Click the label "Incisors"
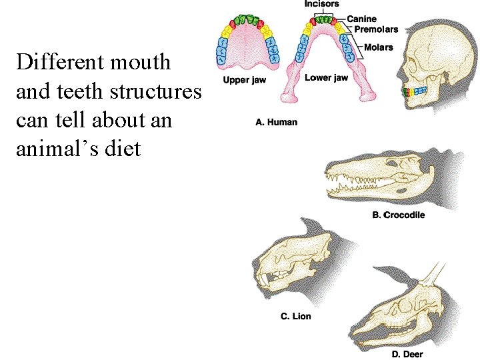(322, 4)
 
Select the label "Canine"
(361, 19)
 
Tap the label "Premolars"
(376, 29)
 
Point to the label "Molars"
(379, 47)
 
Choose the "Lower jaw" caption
(326, 78)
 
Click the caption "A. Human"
(277, 122)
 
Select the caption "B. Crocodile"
(398, 215)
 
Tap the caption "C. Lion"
(295, 316)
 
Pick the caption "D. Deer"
(407, 354)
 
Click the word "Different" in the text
(59, 63)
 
